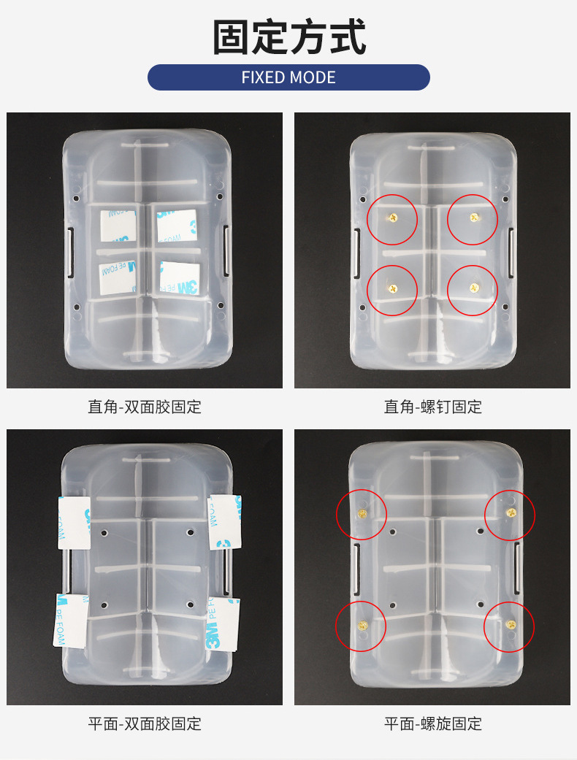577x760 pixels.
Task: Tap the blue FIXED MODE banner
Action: point(288,77)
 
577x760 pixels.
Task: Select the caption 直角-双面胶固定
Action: point(145,407)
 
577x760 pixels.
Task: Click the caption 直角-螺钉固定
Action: point(433,407)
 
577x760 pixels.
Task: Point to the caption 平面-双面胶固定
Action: point(145,723)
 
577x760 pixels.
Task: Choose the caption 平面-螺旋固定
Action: point(433,723)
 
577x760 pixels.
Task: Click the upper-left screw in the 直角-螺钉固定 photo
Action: point(393,217)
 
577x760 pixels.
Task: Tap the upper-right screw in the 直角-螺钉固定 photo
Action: point(473,217)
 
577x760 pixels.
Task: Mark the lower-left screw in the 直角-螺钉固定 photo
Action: point(393,288)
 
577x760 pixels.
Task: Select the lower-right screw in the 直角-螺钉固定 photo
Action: point(473,289)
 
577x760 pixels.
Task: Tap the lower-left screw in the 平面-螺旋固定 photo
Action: point(361,625)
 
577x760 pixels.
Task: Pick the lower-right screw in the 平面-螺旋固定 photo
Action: point(508,625)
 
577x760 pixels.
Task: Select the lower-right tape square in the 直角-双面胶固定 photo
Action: point(179,278)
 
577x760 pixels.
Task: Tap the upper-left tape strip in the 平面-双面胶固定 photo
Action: point(74,522)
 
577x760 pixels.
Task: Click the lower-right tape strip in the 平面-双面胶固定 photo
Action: point(223,624)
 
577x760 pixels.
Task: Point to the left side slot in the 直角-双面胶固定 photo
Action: point(71,252)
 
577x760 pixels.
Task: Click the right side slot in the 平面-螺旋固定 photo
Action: point(517,568)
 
